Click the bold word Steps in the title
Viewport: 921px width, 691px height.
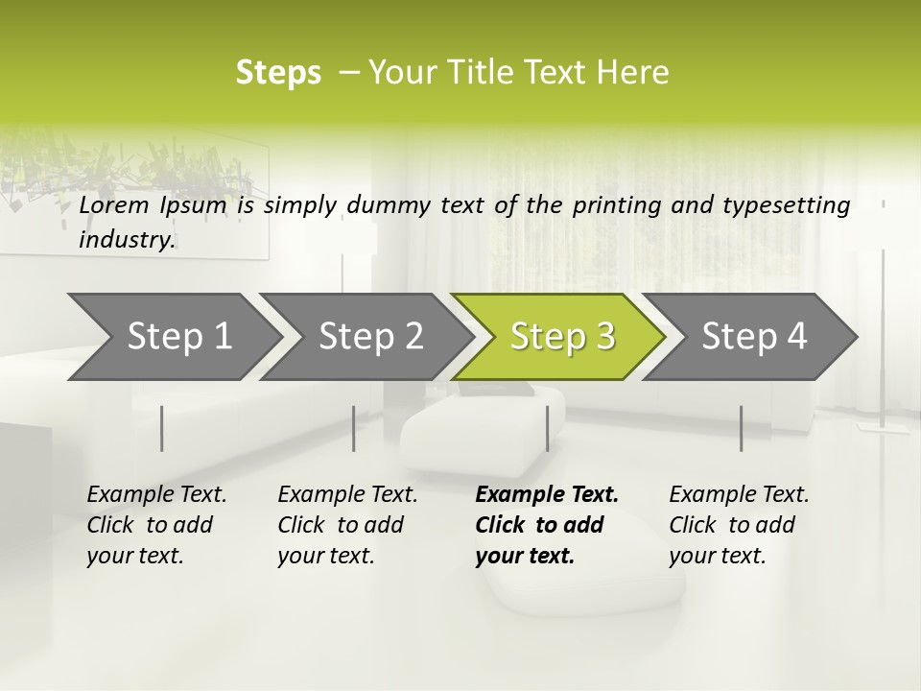[x=278, y=73]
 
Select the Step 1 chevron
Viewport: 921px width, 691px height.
[x=173, y=336]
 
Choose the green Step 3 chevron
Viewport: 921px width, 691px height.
[x=561, y=336]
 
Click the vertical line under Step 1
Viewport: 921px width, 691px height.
[x=162, y=428]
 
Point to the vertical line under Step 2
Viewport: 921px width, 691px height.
[x=354, y=428]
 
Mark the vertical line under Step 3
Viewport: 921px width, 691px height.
[x=547, y=428]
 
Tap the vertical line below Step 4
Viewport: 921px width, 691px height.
[x=741, y=428]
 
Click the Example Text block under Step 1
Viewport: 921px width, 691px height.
[x=156, y=525]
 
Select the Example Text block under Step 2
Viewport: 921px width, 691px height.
[x=347, y=525]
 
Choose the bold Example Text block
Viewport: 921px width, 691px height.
[x=547, y=525]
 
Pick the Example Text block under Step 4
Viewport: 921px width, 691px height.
[x=739, y=525]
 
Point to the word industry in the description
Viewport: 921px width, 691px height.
[x=127, y=239]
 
